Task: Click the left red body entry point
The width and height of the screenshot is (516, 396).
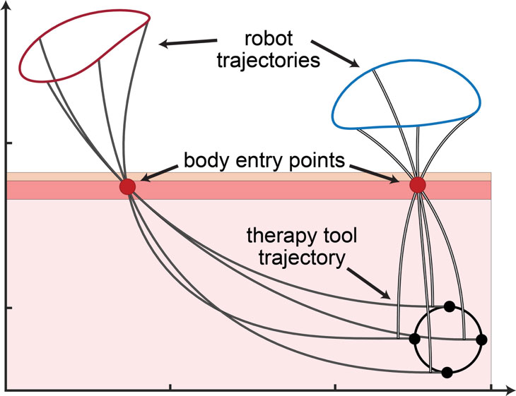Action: (127, 186)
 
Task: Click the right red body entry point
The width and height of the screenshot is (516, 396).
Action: (418, 185)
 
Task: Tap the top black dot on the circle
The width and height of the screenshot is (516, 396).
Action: (449, 306)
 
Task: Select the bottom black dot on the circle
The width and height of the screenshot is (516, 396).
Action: (447, 371)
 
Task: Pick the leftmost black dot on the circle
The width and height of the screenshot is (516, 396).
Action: (415, 339)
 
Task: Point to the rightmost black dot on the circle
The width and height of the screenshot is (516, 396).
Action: (481, 340)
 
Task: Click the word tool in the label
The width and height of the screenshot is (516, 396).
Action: (332, 234)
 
